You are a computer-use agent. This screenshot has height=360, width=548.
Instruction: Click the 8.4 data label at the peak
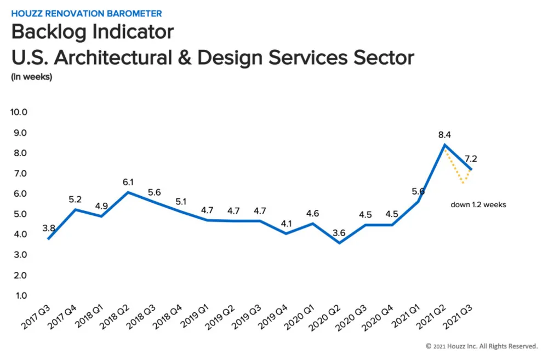444,135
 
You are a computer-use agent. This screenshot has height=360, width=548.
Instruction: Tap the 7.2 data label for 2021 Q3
470,159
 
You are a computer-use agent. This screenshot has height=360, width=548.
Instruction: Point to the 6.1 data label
128,181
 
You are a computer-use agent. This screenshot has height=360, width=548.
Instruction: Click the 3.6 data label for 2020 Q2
339,233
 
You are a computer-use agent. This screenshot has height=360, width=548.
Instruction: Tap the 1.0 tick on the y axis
21,296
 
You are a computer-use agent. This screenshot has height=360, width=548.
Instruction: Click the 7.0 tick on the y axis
21,174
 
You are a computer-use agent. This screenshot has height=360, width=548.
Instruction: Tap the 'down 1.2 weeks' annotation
477,204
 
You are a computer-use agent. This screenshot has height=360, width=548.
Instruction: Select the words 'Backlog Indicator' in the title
92,32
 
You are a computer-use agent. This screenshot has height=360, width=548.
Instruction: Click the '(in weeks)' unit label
31,77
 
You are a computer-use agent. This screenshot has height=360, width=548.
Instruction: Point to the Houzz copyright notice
482,346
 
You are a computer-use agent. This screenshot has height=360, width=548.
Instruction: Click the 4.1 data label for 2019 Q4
286,223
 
